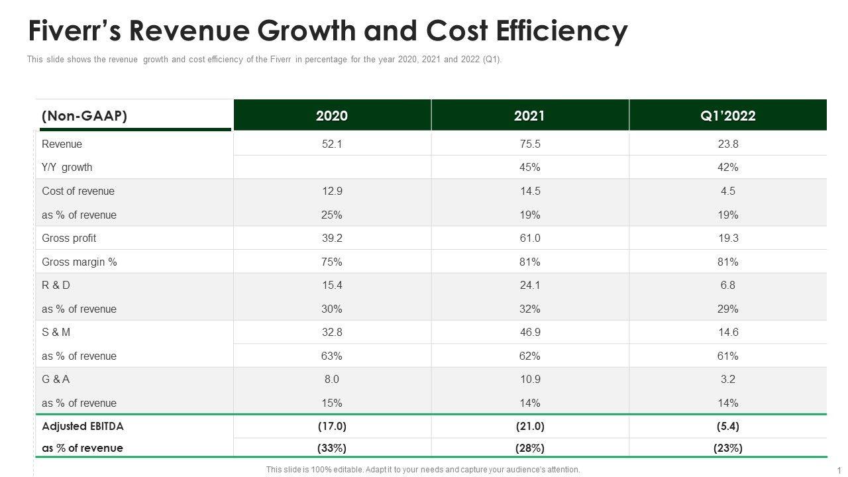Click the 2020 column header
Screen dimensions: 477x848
pos(332,116)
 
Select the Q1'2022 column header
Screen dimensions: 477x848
pos(727,116)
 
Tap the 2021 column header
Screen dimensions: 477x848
pos(529,116)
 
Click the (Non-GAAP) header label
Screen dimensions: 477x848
pos(84,116)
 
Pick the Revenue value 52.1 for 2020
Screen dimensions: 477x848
pos(332,144)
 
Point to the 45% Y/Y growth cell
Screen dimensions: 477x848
pos(529,168)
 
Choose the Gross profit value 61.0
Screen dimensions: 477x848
pos(529,238)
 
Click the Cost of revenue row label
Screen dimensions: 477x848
pos(78,191)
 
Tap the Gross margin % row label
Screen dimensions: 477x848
pos(79,262)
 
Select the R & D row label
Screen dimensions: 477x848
pos(56,285)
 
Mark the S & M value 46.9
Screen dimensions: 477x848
pos(529,332)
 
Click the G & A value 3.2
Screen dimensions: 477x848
pos(727,379)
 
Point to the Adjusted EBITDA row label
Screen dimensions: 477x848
pos(83,426)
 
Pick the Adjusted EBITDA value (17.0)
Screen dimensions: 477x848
pos(332,426)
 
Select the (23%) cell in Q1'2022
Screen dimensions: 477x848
pos(727,448)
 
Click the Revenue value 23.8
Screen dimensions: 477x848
pos(727,144)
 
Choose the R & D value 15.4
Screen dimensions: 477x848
pos(332,285)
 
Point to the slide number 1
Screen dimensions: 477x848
pos(839,470)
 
